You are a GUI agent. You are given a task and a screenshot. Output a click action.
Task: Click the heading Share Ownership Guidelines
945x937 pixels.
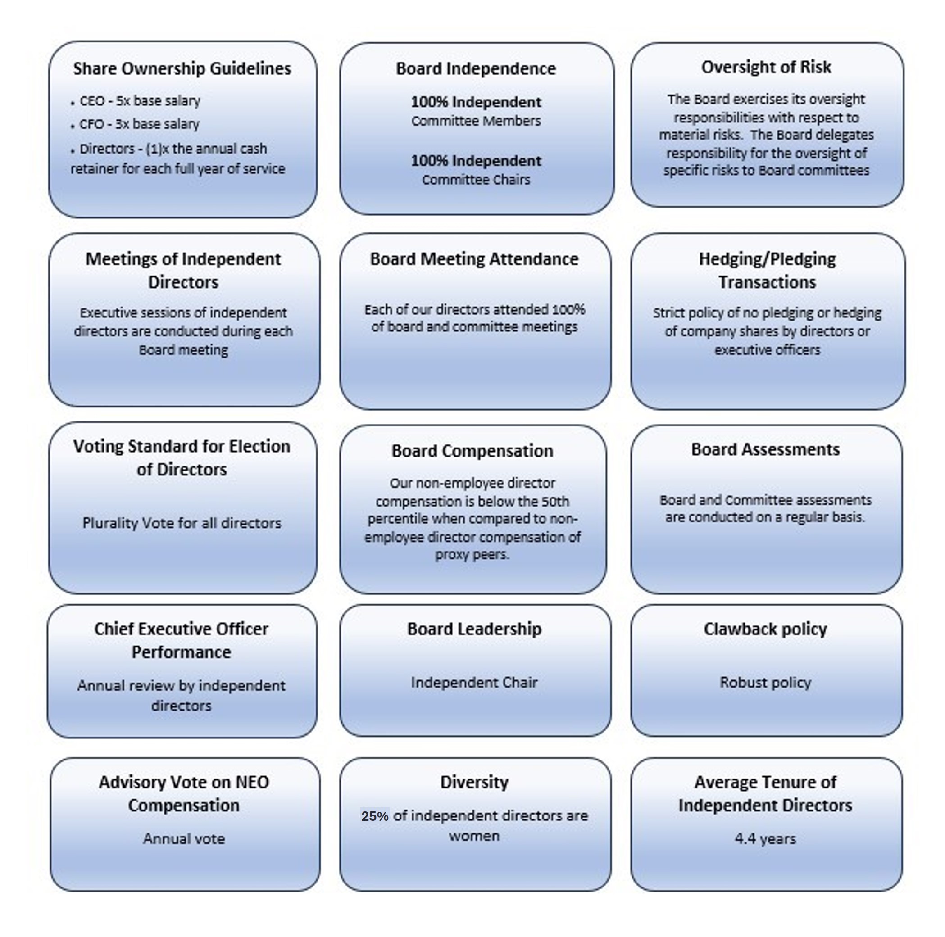[182, 68]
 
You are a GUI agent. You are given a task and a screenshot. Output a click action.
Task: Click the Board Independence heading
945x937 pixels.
[476, 68]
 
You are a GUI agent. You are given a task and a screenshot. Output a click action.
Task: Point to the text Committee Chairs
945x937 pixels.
[476, 180]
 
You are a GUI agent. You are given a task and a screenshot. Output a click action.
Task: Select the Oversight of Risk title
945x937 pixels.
[766, 67]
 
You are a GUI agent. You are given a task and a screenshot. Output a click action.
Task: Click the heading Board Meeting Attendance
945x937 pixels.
[474, 259]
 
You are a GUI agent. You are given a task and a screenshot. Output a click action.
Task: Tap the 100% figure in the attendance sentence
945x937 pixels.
[568, 310]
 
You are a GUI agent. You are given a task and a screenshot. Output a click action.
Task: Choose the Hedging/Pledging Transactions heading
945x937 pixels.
[767, 271]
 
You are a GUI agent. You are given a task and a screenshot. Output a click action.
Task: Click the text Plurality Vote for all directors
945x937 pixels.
[182, 523]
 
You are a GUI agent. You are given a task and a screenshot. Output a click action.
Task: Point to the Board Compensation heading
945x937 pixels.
[472, 450]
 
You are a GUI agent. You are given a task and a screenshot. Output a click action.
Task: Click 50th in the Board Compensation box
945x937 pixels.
[555, 501]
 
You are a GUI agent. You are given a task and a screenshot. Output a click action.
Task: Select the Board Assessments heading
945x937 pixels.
[765, 449]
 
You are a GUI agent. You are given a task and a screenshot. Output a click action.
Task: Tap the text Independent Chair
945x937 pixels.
[474, 682]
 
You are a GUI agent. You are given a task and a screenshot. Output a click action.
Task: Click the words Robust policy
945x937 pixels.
[765, 682]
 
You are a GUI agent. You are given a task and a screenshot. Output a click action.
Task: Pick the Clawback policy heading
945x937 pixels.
[765, 629]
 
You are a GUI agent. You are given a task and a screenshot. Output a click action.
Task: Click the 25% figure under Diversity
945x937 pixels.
[375, 816]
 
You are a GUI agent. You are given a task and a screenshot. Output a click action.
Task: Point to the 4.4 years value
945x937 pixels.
[765, 839]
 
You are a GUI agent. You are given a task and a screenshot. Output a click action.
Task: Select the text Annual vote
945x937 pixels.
[184, 839]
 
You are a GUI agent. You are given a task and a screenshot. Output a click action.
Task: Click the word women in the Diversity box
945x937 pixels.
[474, 836]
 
